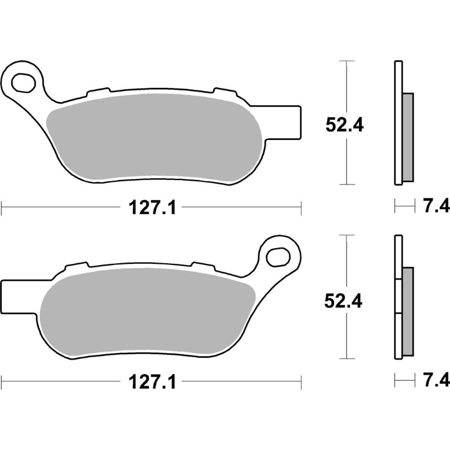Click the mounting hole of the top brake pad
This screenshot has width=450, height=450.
[24, 83]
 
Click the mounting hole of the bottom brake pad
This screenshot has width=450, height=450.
[277, 257]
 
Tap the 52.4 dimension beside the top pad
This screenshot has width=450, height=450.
[344, 125]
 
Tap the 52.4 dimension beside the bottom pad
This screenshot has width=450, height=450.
[343, 301]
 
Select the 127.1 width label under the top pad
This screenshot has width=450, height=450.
[152, 207]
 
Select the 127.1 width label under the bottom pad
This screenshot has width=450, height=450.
[152, 382]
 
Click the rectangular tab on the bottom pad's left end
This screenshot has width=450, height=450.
[19, 297]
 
